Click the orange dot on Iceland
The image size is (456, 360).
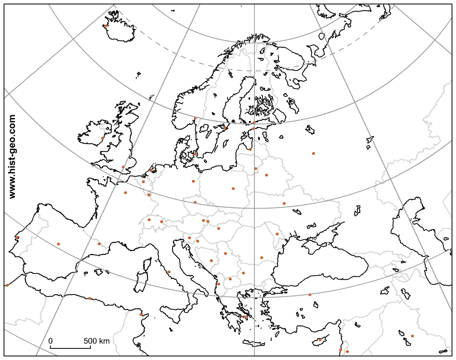pyautogui.click(x=106, y=26)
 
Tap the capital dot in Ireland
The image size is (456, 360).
pyautogui.click(x=103, y=138)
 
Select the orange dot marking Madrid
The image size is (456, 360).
pyautogui.click(x=58, y=244)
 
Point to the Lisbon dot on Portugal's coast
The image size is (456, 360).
pyautogui.click(x=16, y=238)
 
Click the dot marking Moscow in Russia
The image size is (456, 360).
pyautogui.click(x=313, y=154)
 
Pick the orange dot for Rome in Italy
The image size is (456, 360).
pyautogui.click(x=169, y=272)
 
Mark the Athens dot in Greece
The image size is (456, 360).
pyautogui.click(x=245, y=317)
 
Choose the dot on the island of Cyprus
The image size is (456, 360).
pyautogui.click(x=320, y=340)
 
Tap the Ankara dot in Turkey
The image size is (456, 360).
pyautogui.click(x=310, y=295)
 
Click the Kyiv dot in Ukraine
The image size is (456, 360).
pyautogui.click(x=284, y=204)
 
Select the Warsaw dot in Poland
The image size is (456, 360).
pyautogui.click(x=233, y=188)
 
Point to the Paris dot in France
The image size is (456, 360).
pyautogui.click(x=125, y=193)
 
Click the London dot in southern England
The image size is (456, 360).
pyautogui.click(x=123, y=167)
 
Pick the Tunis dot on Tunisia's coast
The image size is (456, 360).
pyautogui.click(x=141, y=314)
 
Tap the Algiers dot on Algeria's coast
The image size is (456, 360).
pyautogui.click(x=90, y=298)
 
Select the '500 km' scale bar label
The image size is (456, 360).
pyautogui.click(x=96, y=341)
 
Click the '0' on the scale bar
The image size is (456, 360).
pyautogui.click(x=50, y=341)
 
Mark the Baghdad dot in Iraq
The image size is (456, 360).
pyautogui.click(x=412, y=336)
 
